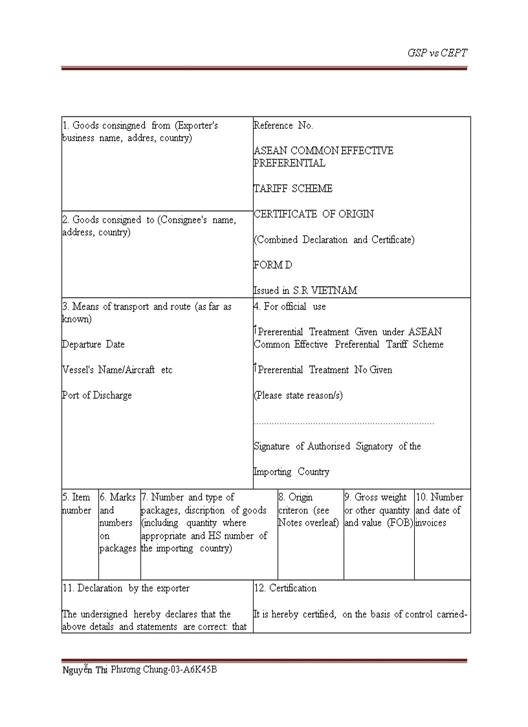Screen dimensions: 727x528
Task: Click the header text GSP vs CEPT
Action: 437,53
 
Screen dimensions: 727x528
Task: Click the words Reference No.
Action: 283,126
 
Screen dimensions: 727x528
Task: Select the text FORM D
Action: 272,265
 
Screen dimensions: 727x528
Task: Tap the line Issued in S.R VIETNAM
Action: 305,291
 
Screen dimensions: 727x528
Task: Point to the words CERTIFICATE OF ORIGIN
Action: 313,214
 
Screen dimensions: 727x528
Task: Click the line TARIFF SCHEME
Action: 292,188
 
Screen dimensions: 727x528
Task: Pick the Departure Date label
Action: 93,344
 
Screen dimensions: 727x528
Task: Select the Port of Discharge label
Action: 96,396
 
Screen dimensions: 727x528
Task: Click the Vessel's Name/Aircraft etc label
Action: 117,370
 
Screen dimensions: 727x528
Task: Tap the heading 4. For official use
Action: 289,307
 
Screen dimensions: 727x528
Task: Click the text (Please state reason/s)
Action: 298,396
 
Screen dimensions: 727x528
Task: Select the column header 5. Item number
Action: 76,504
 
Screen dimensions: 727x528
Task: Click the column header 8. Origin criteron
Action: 304,510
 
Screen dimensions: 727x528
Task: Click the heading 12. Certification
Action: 285,588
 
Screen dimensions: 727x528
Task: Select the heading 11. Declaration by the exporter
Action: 126,588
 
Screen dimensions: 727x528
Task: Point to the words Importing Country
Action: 291,472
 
